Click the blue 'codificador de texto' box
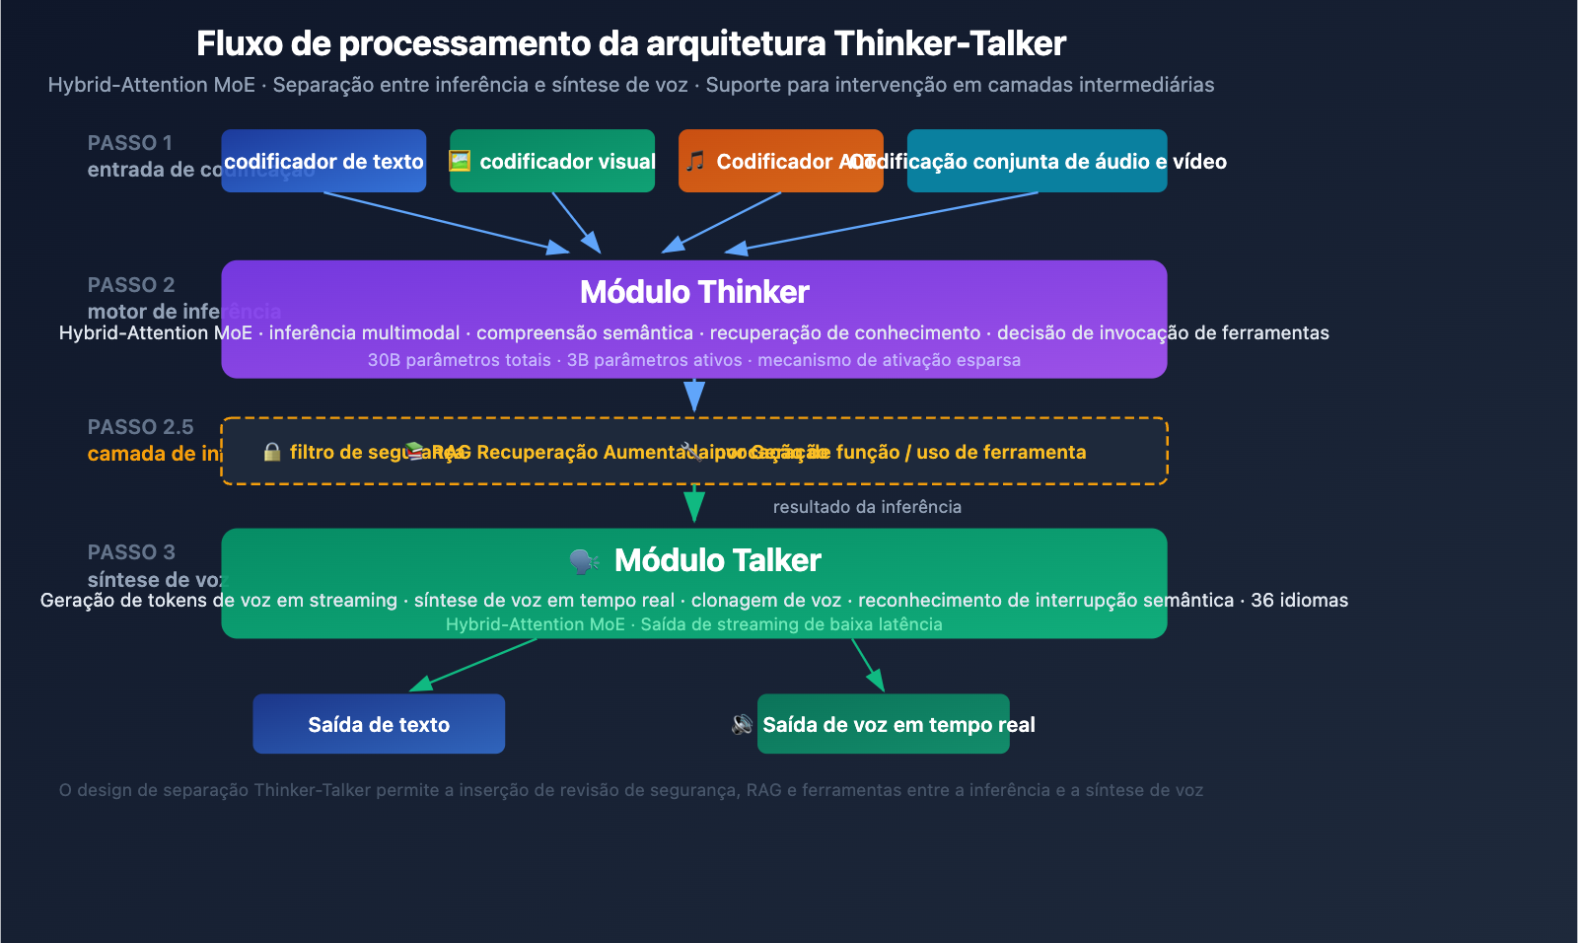323,161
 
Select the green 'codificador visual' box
552,161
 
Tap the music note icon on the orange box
695,161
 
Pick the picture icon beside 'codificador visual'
460,161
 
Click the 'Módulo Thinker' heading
694,292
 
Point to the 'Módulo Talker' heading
717,560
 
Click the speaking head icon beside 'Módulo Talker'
584,561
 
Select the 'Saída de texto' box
379,724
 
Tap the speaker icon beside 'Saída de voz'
742,725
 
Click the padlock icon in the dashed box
272,452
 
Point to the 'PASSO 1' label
130,143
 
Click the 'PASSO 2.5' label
141,427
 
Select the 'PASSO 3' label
131,552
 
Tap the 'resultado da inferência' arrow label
867,507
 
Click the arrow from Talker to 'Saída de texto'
473,664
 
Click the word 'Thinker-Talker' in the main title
950,43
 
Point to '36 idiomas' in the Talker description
1299,600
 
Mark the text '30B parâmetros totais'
459,360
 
